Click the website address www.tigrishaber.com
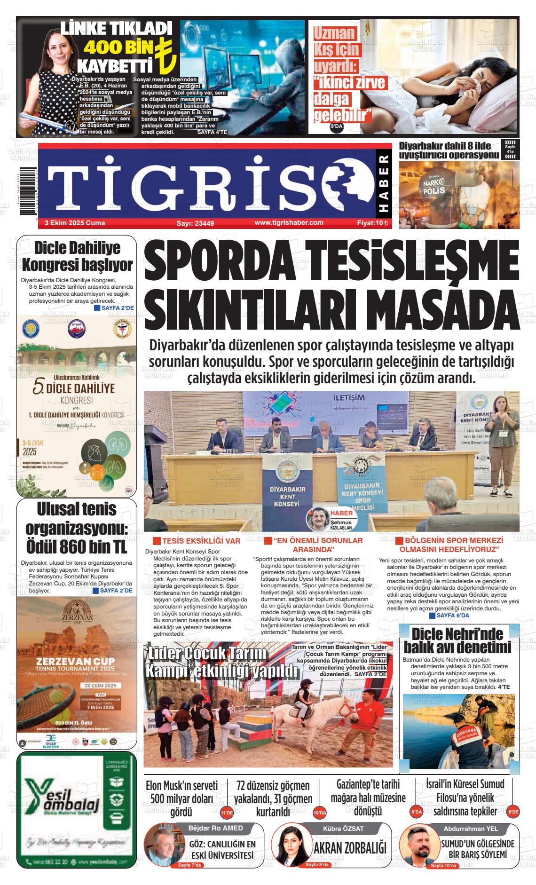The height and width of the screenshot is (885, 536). (x=289, y=222)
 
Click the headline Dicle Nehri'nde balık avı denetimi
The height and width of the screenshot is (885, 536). (x=460, y=640)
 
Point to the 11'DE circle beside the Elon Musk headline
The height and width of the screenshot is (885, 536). (x=227, y=813)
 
